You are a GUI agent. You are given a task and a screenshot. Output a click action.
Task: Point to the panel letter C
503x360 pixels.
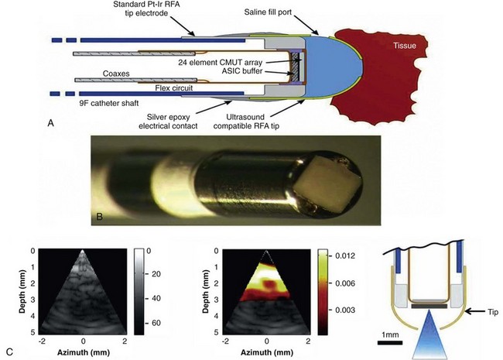pyautogui.click(x=7, y=353)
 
